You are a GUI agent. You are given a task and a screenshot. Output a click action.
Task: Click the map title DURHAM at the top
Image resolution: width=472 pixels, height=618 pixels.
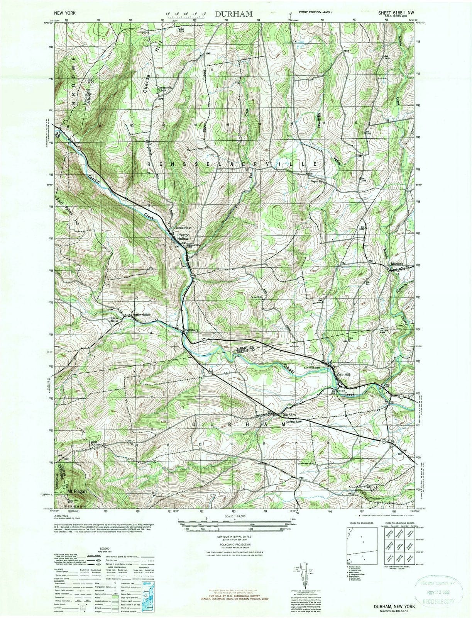[234, 14]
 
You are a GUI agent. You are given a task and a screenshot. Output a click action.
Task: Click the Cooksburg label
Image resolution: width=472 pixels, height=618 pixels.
[191, 330]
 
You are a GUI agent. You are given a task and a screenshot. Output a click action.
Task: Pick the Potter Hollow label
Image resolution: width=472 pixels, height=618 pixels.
[142, 315]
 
